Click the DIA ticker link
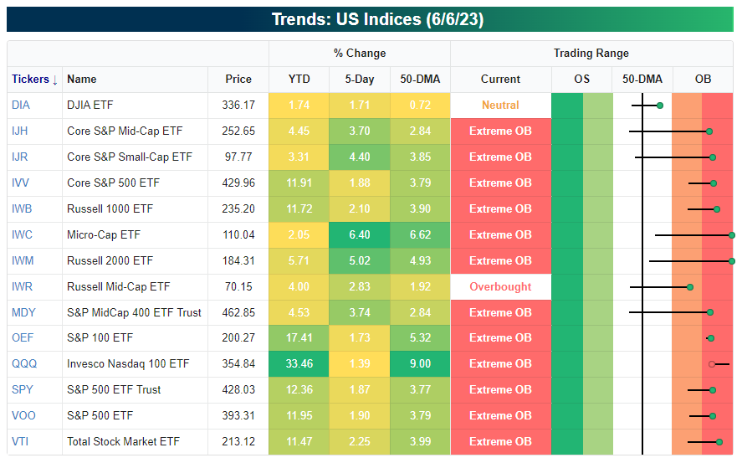point(21,105)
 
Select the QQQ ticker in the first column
point(23,363)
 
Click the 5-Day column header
point(359,79)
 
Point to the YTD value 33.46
point(299,363)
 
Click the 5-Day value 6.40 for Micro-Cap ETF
point(359,234)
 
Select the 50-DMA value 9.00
point(420,363)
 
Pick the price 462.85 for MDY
point(238,312)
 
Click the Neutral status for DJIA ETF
point(500,105)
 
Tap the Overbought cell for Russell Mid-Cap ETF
point(500,286)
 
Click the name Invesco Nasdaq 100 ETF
point(128,363)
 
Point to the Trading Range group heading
point(591,54)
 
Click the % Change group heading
point(360,54)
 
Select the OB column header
point(703,79)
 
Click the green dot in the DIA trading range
point(660,105)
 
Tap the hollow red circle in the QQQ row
point(712,364)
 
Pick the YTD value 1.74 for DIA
point(299,105)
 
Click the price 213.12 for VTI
point(238,441)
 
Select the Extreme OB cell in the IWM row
point(500,260)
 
